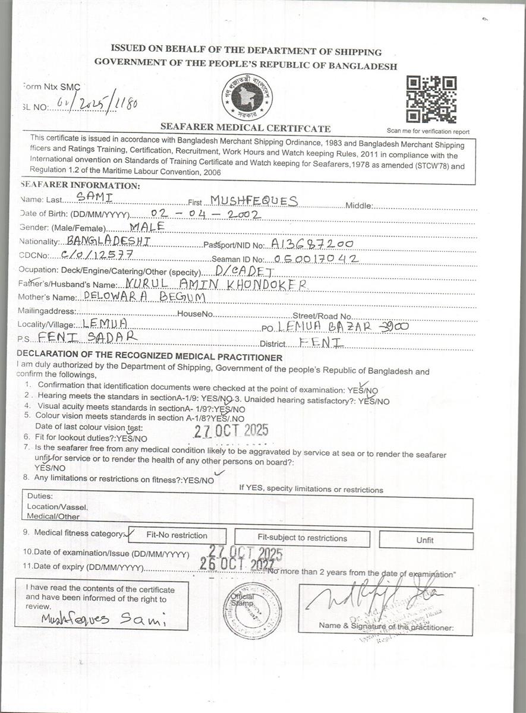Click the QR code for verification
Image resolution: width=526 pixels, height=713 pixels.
[431, 99]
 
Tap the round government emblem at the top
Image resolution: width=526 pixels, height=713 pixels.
[247, 97]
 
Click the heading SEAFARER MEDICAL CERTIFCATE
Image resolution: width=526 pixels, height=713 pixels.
[245, 128]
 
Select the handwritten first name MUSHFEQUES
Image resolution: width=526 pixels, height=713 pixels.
[254, 200]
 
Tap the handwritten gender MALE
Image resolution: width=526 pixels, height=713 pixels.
[146, 226]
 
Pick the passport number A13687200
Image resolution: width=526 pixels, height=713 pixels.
[312, 244]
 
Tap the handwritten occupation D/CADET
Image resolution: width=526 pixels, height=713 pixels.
[245, 272]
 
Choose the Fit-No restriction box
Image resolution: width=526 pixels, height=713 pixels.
[177, 535]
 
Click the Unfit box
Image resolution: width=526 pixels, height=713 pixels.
[425, 540]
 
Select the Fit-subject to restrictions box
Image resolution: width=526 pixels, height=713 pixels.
[302, 538]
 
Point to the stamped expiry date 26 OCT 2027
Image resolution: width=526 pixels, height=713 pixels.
[237, 564]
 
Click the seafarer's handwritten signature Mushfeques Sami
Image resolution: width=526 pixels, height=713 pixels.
[104, 619]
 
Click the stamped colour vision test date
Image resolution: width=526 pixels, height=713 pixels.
[231, 430]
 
